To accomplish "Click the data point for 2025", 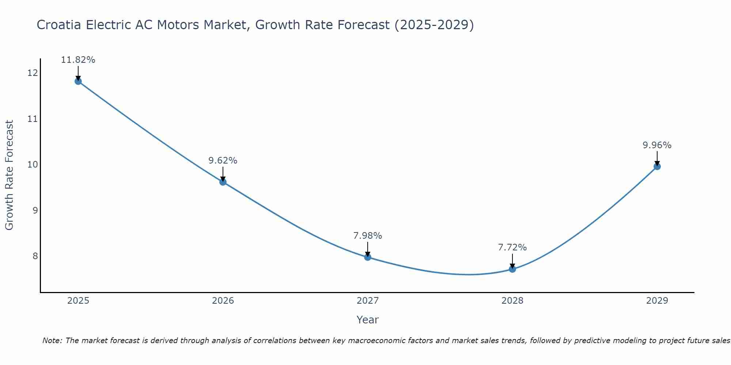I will click(78, 81).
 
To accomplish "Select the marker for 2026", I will click(223, 182).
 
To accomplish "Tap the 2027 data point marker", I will click(368, 257).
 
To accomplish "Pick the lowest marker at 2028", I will click(512, 269).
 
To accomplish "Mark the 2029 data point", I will click(657, 166).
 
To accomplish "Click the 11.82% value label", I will click(78, 60).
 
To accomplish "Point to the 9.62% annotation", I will click(223, 161).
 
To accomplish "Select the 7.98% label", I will click(368, 236).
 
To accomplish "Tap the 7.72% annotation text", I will click(512, 247).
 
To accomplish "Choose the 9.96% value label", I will click(657, 145).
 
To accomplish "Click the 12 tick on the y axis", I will click(33, 73).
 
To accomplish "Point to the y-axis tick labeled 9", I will click(35, 210).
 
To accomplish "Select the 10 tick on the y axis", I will click(33, 165).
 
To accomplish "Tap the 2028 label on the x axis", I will click(512, 301).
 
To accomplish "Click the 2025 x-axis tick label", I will click(78, 301).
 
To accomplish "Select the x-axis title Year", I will click(367, 320).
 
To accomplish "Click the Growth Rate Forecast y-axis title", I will click(9, 175).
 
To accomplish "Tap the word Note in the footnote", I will click(53, 341).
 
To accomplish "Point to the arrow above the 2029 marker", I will click(657, 158).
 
